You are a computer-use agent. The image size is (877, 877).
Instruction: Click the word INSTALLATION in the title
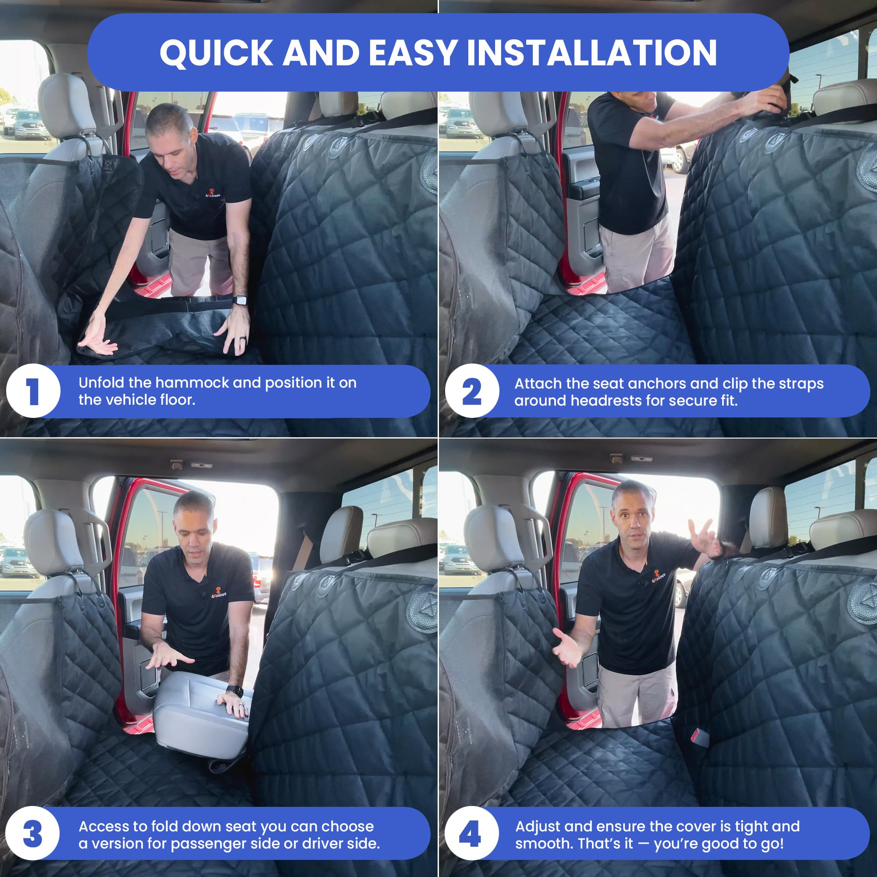pos(592,53)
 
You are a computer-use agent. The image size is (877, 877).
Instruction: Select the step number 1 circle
pos(33,391)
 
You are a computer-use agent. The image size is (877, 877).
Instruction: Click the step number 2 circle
pos(472,391)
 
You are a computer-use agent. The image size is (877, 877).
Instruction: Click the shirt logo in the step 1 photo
pos(212,194)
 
